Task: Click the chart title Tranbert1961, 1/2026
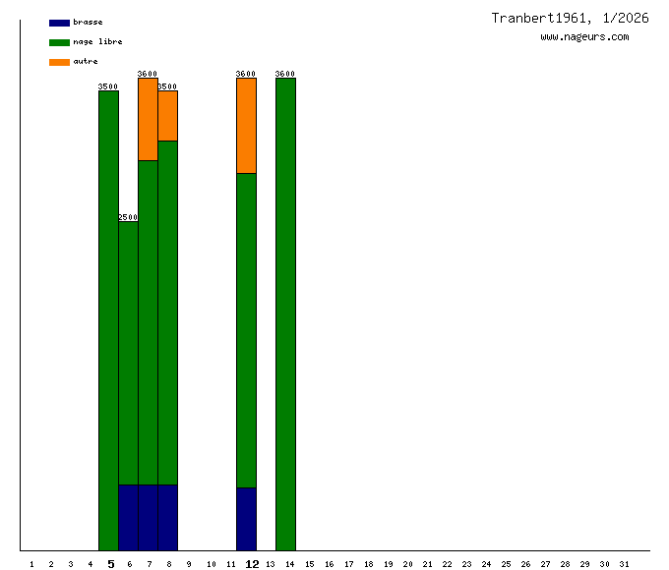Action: click(x=570, y=18)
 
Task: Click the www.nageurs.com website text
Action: click(x=584, y=37)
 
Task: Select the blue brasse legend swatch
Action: click(x=59, y=23)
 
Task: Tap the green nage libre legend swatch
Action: click(x=59, y=42)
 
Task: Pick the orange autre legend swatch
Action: click(x=59, y=62)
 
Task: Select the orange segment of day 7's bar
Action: click(x=148, y=119)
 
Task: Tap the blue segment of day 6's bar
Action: click(x=128, y=517)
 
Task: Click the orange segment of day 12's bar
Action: click(x=246, y=126)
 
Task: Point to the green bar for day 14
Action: click(x=285, y=314)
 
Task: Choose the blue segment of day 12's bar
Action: click(x=246, y=519)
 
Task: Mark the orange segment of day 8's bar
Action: click(x=167, y=116)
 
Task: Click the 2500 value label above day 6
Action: click(x=128, y=217)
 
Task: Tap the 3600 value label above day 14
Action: click(x=285, y=74)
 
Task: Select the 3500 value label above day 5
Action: click(x=108, y=86)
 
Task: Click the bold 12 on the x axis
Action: click(x=252, y=564)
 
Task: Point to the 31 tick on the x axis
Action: click(x=624, y=564)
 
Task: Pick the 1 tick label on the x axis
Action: click(x=31, y=564)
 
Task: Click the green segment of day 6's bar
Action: click(x=128, y=353)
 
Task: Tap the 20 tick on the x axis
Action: click(x=407, y=564)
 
